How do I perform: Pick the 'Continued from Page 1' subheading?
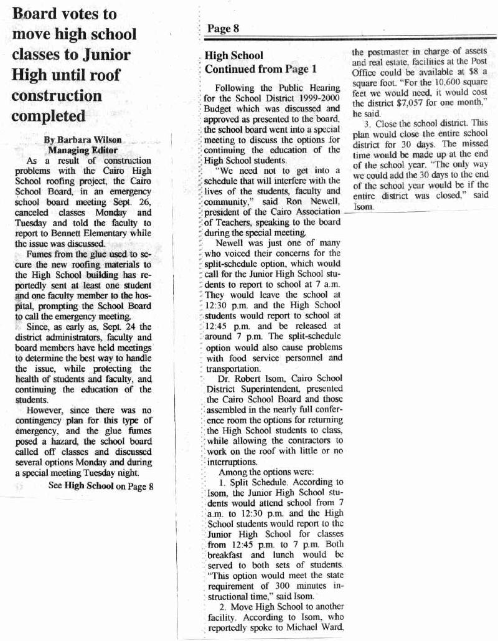261,69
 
